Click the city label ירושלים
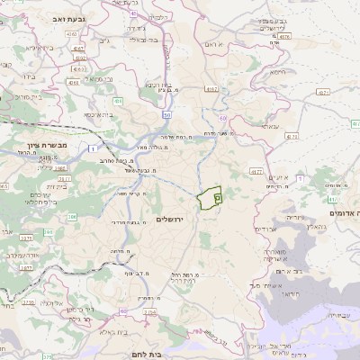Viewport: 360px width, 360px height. pyautogui.click(x=170, y=220)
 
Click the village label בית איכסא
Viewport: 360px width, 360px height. pyautogui.click(x=99, y=115)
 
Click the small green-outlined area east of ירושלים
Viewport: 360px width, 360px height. pyautogui.click(x=211, y=198)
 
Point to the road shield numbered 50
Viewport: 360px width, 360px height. pyautogui.click(x=166, y=115)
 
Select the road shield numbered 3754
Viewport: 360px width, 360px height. pyautogui.click(x=149, y=311)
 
